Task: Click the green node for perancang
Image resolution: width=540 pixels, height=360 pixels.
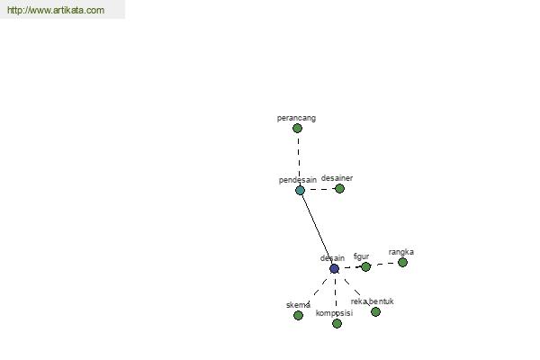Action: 297,129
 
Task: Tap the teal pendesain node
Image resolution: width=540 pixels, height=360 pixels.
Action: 300,191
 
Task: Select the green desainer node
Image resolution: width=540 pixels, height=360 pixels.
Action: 339,188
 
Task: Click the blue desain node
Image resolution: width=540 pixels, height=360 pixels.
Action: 334,269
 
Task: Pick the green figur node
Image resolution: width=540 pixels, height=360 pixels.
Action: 365,266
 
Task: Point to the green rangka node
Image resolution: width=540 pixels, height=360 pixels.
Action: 402,263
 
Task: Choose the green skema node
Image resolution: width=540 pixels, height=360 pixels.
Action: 298,315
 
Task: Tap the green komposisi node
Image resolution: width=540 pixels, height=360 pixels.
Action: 337,323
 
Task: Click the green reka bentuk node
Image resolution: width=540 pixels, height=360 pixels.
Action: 375,311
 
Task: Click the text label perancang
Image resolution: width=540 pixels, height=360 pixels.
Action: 296,118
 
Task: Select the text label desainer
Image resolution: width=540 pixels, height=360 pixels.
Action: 337,178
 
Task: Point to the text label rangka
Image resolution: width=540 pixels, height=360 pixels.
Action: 401,252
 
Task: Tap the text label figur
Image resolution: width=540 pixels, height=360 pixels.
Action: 361,256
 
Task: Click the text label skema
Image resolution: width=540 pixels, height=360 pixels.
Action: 298,305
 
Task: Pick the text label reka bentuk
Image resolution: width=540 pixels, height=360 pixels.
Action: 373,301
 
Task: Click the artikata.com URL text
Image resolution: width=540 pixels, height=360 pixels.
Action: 56,10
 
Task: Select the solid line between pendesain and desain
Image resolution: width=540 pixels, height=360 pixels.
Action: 317,229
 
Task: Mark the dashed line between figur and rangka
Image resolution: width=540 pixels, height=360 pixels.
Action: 384,265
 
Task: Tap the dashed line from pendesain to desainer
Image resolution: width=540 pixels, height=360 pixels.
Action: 319,190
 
